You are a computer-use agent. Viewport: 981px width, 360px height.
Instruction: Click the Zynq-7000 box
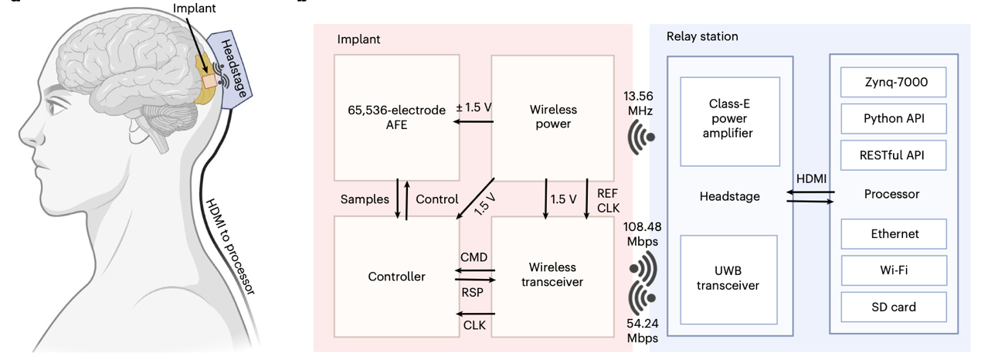click(x=893, y=81)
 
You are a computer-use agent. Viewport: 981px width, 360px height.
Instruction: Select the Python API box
click(x=893, y=118)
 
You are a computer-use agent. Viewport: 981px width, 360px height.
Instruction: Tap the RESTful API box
click(x=893, y=155)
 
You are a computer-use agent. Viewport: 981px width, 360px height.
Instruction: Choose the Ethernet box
click(x=893, y=233)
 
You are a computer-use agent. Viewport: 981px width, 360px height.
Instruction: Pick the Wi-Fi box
click(x=893, y=270)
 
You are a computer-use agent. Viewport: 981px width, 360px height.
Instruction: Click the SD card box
click(x=893, y=307)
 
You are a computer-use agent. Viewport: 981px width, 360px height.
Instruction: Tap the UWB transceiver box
click(x=729, y=277)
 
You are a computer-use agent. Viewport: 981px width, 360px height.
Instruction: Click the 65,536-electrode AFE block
click(x=397, y=117)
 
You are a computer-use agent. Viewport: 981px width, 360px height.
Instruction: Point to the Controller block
click(x=397, y=277)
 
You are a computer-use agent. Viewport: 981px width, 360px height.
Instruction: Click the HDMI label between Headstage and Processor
click(x=811, y=179)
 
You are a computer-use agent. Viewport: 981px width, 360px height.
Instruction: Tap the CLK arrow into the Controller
click(x=475, y=314)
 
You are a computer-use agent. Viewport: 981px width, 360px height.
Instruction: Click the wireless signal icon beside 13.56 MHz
click(x=642, y=138)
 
